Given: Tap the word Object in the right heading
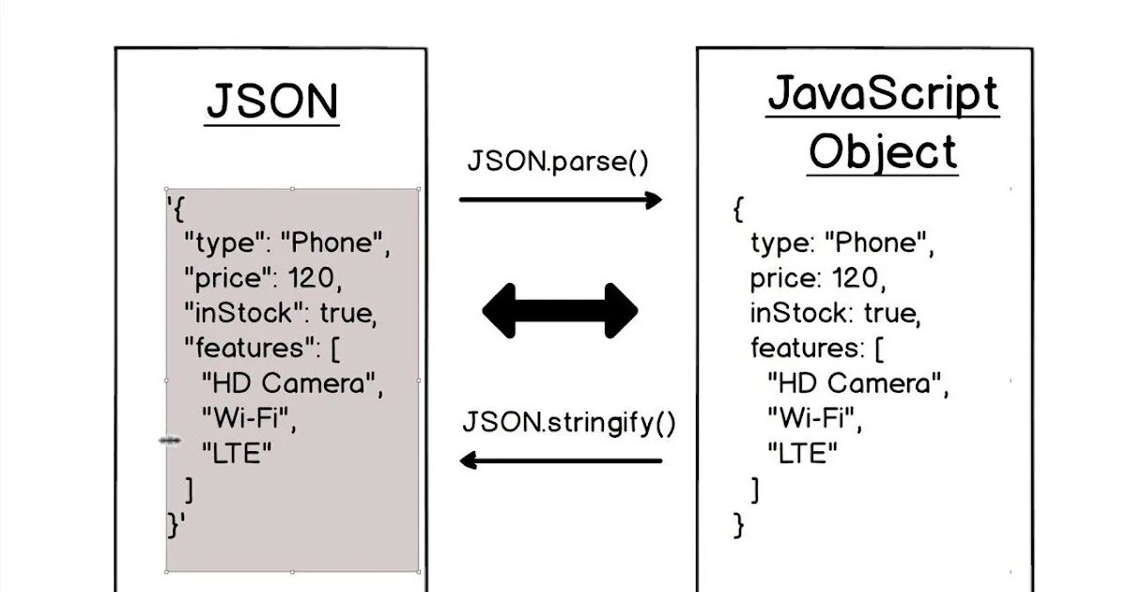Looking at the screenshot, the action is click(x=883, y=152).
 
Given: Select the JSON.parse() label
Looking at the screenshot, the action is click(x=558, y=162).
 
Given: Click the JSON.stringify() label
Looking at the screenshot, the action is click(x=569, y=422).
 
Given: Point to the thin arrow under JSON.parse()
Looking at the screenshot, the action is click(x=561, y=199).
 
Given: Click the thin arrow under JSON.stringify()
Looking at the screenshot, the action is click(x=561, y=460).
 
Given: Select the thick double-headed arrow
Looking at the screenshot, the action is click(x=561, y=310).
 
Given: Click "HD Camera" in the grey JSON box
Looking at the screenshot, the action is click(x=293, y=383).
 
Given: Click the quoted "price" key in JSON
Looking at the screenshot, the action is click(x=222, y=278).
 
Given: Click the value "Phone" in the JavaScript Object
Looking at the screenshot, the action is click(x=877, y=243).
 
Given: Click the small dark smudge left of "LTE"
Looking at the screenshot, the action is click(x=170, y=440).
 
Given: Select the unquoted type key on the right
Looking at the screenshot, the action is click(x=780, y=244).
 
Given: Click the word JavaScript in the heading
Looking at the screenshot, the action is click(x=883, y=94).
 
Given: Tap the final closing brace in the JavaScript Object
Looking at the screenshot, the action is click(x=738, y=524).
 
